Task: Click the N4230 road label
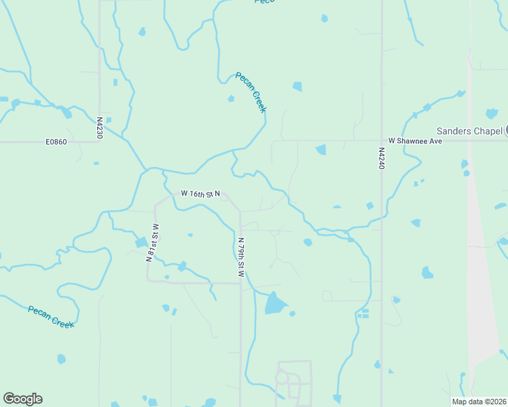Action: coord(99,127)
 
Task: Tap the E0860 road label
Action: coord(57,142)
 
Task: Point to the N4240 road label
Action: coord(381,159)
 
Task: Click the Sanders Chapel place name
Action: coord(469,130)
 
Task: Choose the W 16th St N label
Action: coord(200,194)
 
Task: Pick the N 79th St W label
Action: coord(240,256)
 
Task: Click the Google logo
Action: coord(22,399)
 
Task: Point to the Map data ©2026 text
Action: coord(479,401)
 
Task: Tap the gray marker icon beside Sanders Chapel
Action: coord(506,130)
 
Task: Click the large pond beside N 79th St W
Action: coord(275,303)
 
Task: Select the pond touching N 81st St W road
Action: coord(141,242)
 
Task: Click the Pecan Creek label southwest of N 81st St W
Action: coord(51,317)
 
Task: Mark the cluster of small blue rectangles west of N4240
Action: coord(363,313)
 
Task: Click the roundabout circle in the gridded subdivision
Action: coord(283,378)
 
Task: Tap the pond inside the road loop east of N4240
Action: coord(427,272)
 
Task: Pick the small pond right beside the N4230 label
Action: coord(108,120)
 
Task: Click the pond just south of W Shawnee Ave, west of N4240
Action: coord(321,149)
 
